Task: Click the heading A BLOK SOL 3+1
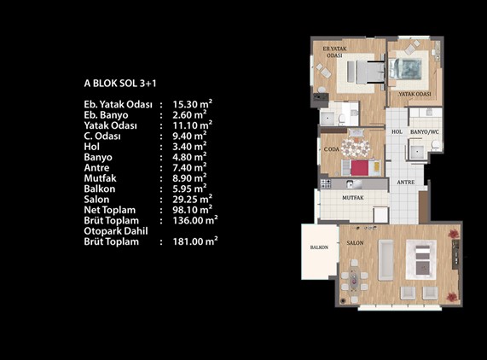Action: click(x=120, y=84)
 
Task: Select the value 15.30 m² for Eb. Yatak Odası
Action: click(x=193, y=104)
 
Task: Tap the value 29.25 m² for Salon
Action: click(x=193, y=199)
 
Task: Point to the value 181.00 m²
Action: click(x=195, y=241)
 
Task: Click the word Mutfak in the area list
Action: click(x=100, y=178)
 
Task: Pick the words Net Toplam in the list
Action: click(x=110, y=210)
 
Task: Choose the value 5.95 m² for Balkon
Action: click(x=190, y=189)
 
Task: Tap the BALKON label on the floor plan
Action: click(x=319, y=247)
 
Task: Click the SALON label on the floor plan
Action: click(x=355, y=243)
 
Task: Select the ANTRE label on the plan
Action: click(x=406, y=183)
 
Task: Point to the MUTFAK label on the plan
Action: click(x=353, y=198)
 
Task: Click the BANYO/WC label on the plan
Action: click(x=425, y=132)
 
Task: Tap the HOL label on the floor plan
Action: click(x=397, y=131)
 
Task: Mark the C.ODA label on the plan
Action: click(x=332, y=149)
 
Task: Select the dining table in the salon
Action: click(x=354, y=280)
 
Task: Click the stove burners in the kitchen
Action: click(x=326, y=183)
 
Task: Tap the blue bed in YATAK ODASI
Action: click(x=405, y=68)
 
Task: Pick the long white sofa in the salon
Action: click(x=386, y=260)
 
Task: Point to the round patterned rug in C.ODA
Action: click(x=356, y=148)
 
